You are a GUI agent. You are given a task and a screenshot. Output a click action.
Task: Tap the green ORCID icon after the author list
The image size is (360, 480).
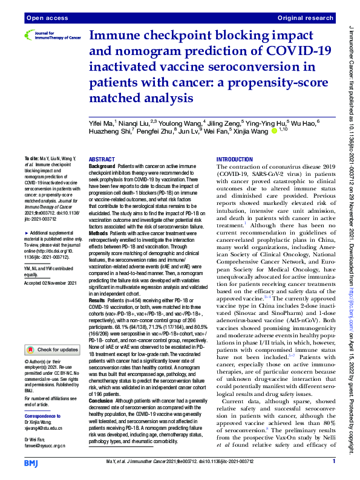[274, 130]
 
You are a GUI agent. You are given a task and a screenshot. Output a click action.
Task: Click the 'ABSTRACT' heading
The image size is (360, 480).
[102, 158]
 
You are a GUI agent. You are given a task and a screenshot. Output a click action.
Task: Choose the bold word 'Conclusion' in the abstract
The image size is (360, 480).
[102, 401]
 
